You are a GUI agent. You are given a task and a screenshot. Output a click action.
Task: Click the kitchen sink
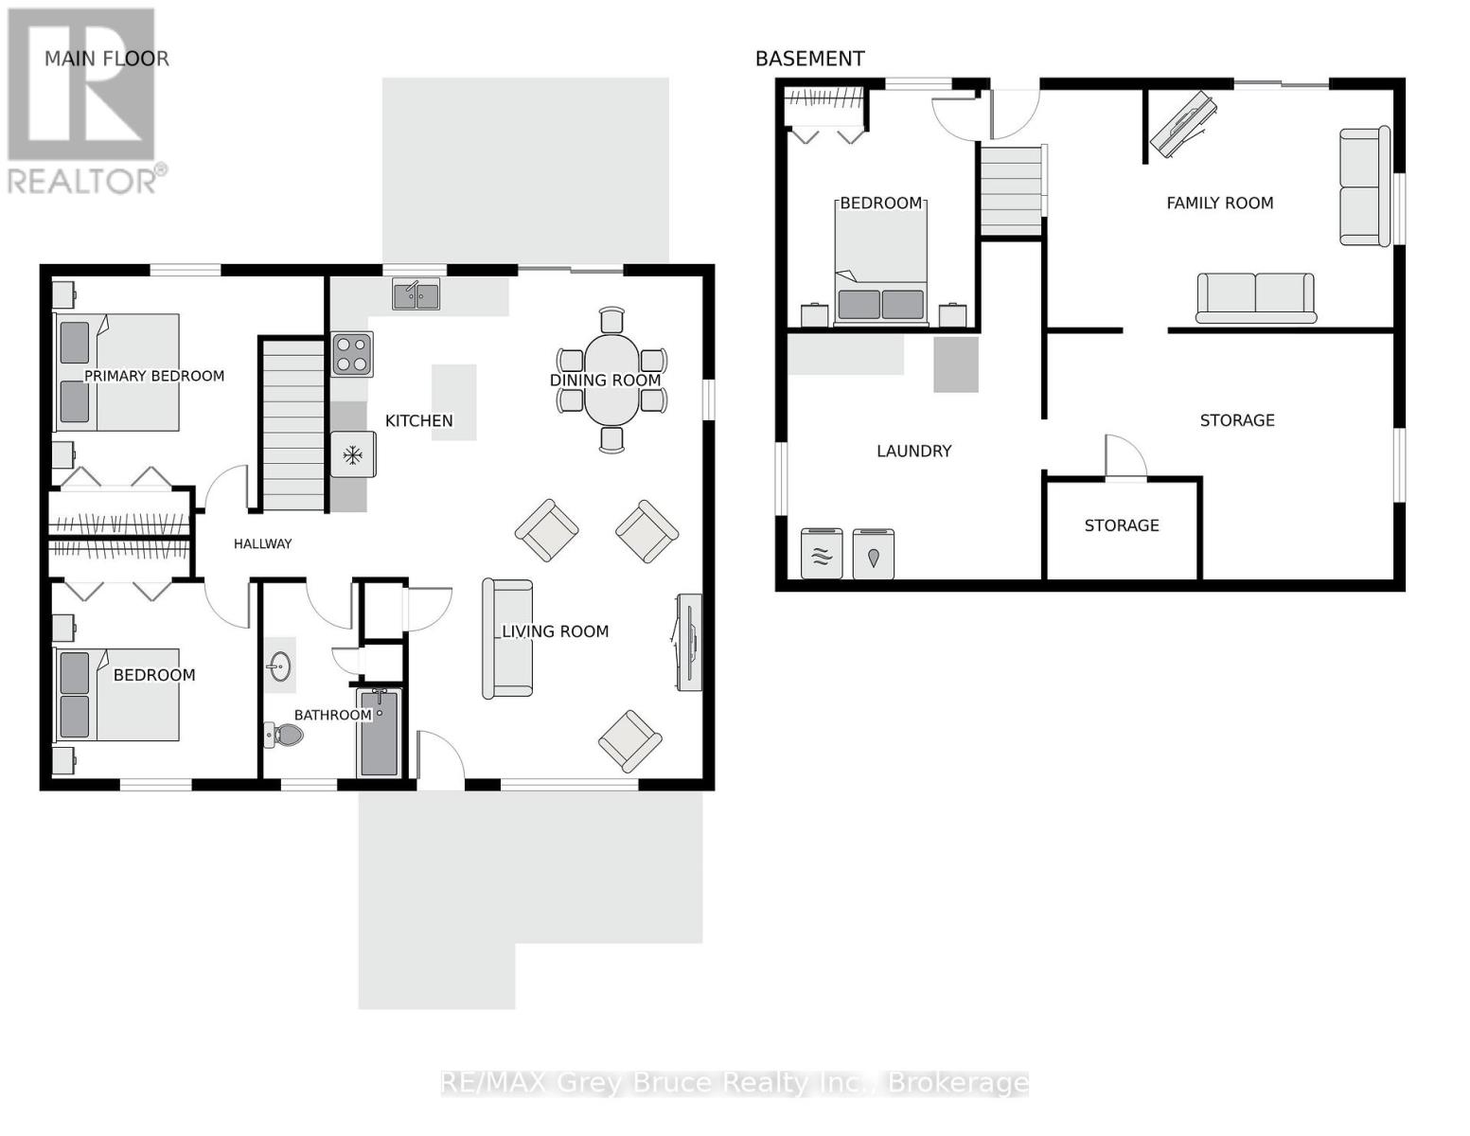416,294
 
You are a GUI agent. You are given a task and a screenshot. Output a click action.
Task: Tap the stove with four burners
352,354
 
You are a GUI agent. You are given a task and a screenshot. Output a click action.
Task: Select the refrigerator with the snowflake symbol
353,454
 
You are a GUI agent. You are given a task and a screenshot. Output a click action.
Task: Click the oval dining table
611,380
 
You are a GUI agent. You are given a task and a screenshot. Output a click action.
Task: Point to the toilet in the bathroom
283,734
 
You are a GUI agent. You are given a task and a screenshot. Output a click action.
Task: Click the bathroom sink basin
279,666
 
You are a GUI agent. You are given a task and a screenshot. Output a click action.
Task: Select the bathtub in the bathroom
380,733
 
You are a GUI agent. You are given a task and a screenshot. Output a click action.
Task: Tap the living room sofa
506,639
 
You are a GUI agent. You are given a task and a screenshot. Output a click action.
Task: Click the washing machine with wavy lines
822,554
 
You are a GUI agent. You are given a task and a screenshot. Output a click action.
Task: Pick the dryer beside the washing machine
874,554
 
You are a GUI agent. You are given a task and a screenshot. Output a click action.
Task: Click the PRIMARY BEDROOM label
154,376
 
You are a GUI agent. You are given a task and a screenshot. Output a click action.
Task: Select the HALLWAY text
262,543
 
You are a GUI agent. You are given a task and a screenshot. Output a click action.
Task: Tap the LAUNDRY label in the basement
914,452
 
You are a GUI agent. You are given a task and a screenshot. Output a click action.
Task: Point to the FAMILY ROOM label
1220,203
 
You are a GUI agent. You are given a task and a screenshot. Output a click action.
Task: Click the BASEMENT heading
809,60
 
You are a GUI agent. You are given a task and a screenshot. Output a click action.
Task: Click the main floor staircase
293,425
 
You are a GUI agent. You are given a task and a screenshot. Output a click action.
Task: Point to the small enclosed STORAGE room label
1122,525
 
